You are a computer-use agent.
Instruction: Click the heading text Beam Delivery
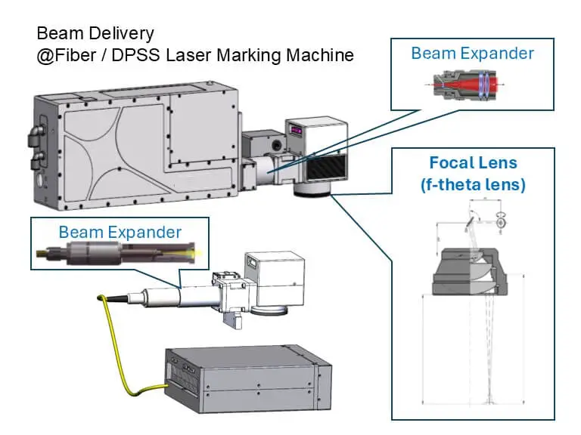[95, 33]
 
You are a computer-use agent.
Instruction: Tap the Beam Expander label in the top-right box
[472, 54]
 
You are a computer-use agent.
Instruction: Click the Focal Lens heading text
[473, 162]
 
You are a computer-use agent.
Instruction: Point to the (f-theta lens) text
[473, 184]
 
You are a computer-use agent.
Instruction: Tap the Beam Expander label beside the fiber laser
[120, 232]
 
